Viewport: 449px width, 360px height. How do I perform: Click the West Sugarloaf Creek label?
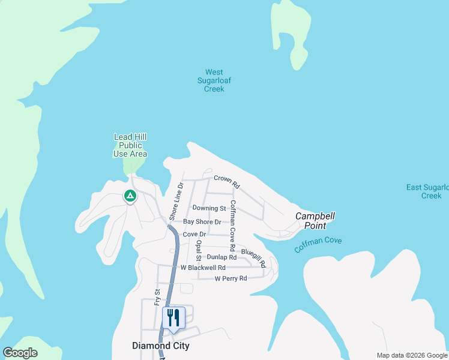214,80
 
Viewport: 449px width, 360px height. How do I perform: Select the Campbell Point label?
315,221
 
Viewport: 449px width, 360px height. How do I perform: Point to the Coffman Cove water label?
318,245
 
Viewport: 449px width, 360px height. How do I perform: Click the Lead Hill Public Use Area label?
130,145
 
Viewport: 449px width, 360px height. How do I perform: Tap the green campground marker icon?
129,196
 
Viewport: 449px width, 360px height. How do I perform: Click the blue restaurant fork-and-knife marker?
173,317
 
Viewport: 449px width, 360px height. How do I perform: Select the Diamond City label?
160,346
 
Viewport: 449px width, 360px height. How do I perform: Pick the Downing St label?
209,208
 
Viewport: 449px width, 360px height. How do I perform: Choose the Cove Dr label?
194,234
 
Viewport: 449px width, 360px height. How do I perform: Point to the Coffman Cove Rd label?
232,225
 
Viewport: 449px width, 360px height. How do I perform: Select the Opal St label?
197,251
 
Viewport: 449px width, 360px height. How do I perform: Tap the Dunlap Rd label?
221,257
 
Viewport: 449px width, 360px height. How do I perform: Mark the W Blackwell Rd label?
203,268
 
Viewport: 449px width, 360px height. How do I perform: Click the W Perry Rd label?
231,279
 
